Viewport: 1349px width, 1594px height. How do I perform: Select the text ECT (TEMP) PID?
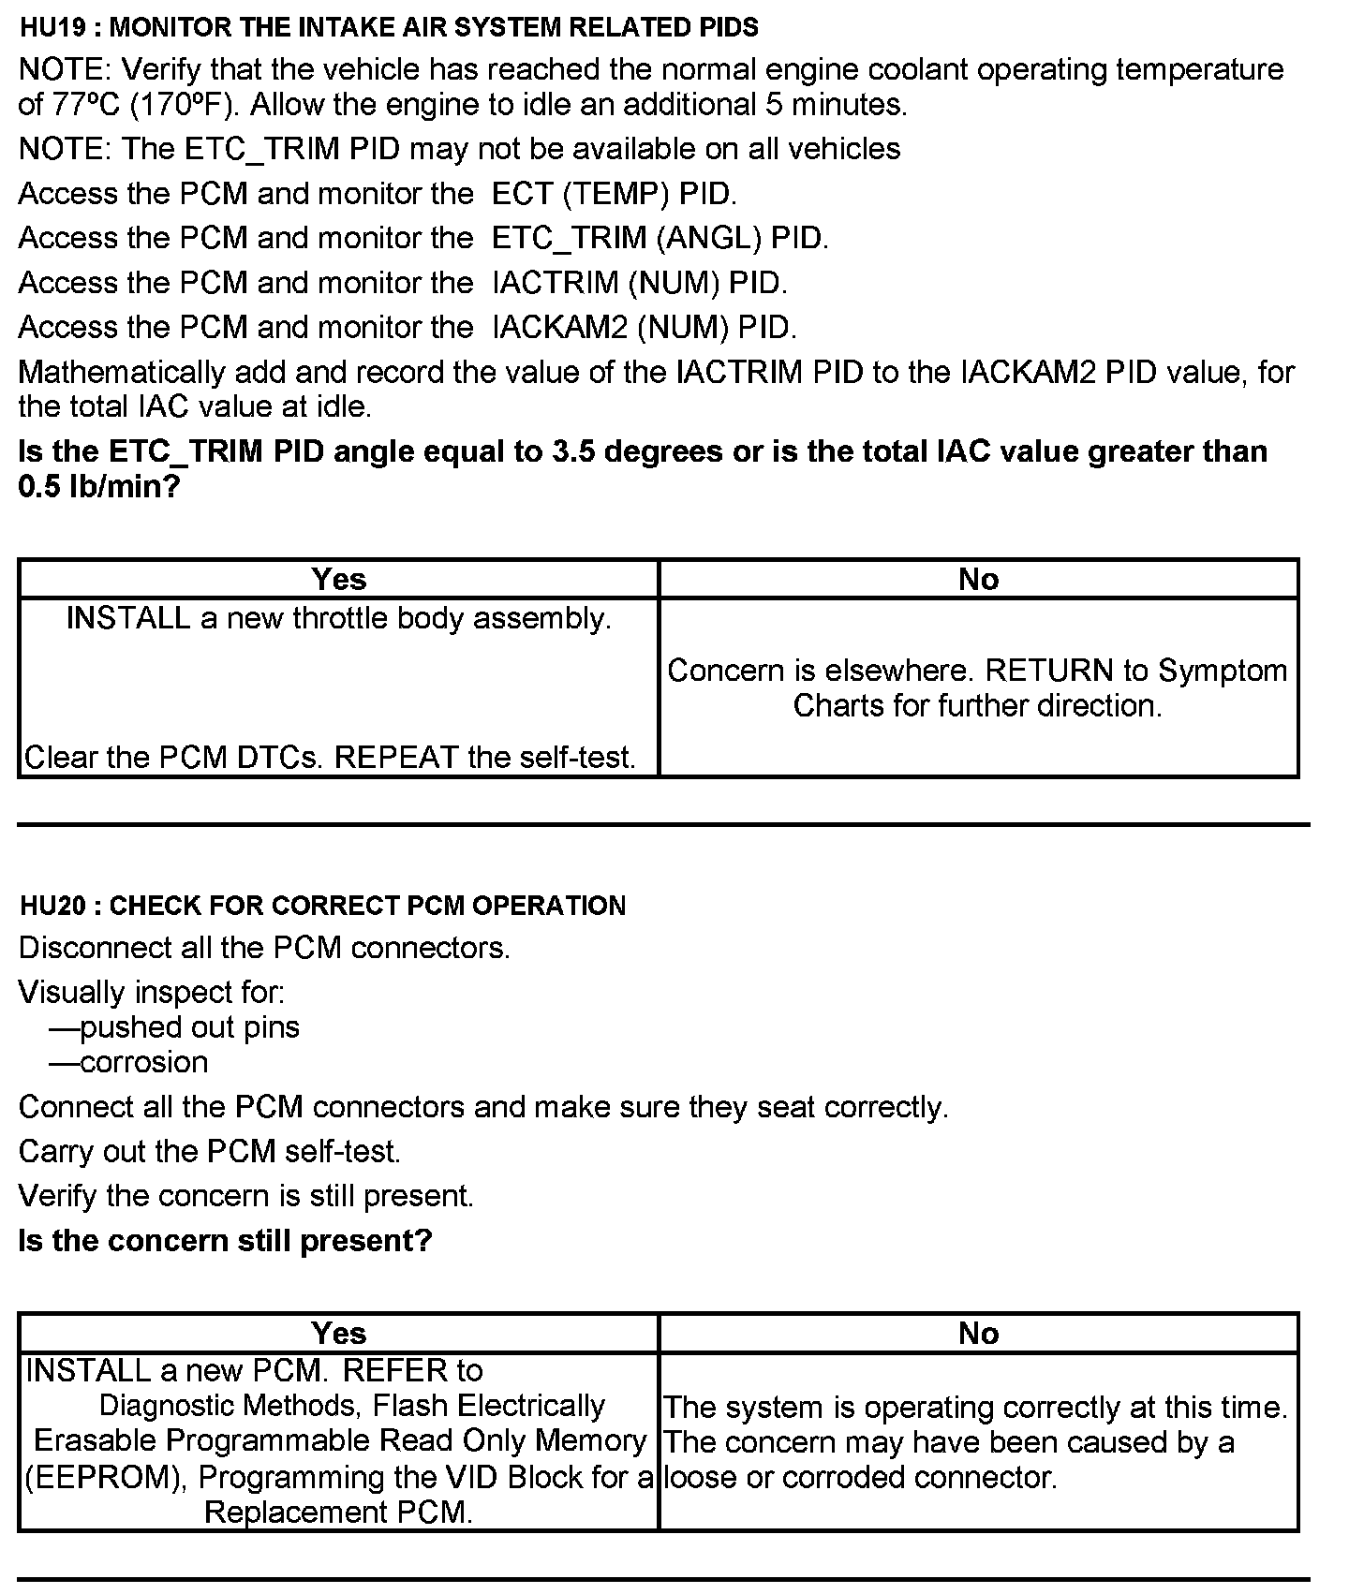point(614,194)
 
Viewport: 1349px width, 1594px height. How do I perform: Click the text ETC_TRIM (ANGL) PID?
point(660,238)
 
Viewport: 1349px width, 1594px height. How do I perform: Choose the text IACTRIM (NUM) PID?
point(639,283)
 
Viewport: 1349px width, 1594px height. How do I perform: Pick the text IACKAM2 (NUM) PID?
point(644,327)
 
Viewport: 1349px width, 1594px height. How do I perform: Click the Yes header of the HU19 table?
point(338,579)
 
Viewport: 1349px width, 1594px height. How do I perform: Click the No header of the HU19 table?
point(978,579)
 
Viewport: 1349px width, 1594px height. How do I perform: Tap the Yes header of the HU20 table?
point(338,1333)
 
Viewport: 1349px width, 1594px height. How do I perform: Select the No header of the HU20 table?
point(978,1333)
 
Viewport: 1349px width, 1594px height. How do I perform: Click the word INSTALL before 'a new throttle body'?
point(128,618)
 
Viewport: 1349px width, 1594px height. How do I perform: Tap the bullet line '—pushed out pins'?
point(174,1027)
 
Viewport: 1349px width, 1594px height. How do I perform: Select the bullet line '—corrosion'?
point(128,1062)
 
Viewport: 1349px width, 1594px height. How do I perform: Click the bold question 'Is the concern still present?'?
point(225,1241)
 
